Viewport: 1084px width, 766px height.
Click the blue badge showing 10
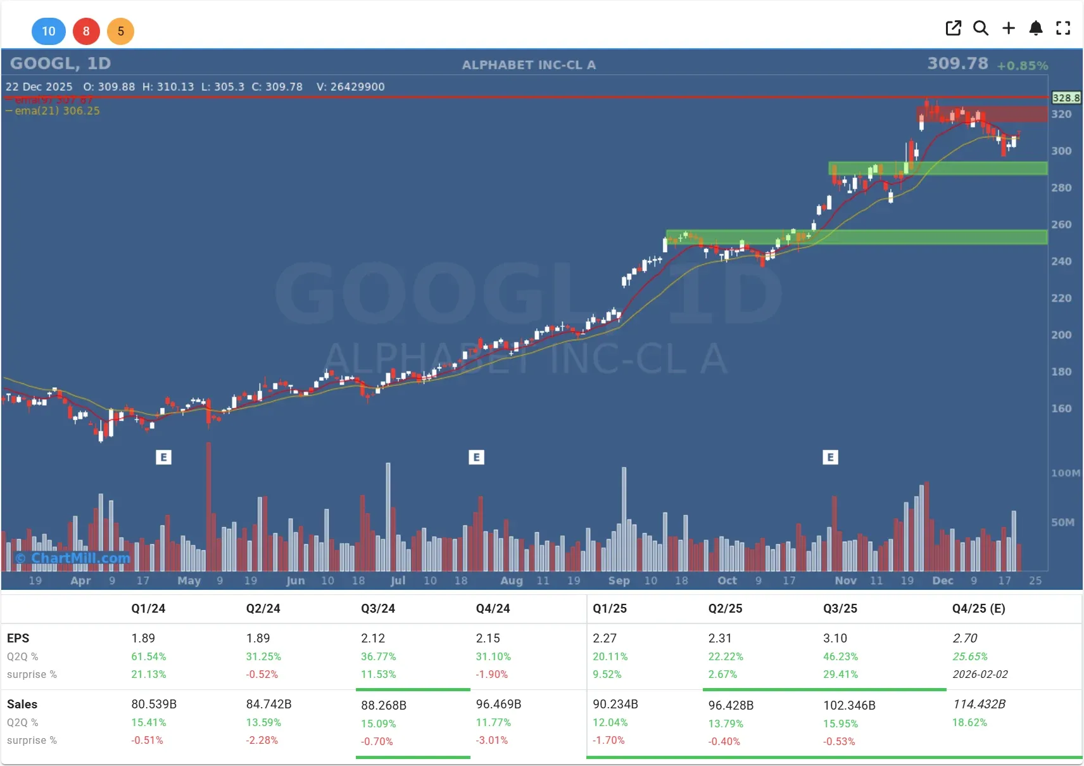(49, 31)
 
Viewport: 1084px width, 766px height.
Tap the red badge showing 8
(86, 31)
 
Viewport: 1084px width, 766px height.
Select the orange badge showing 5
(120, 31)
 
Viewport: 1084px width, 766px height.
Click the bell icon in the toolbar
(1036, 28)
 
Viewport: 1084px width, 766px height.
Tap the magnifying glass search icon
(981, 28)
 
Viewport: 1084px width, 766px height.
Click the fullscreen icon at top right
(1063, 28)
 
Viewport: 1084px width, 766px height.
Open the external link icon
(953, 28)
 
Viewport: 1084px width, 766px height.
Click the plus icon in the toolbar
(1009, 28)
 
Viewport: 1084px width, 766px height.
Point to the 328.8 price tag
(1066, 98)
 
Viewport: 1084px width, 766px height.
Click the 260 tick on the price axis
(1061, 224)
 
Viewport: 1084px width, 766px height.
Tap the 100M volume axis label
(1066, 473)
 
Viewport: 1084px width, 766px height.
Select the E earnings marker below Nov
(830, 457)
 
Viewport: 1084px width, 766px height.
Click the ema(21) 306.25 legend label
(57, 111)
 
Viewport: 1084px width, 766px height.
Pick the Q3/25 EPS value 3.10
(835, 638)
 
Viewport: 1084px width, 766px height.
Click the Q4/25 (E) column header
(978, 608)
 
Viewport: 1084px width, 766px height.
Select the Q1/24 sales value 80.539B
(154, 704)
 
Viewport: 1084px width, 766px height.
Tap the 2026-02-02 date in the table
(980, 674)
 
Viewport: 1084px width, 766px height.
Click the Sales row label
(22, 704)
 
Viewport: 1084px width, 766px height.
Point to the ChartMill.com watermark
(73, 558)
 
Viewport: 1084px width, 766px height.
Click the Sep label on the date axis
(619, 580)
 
